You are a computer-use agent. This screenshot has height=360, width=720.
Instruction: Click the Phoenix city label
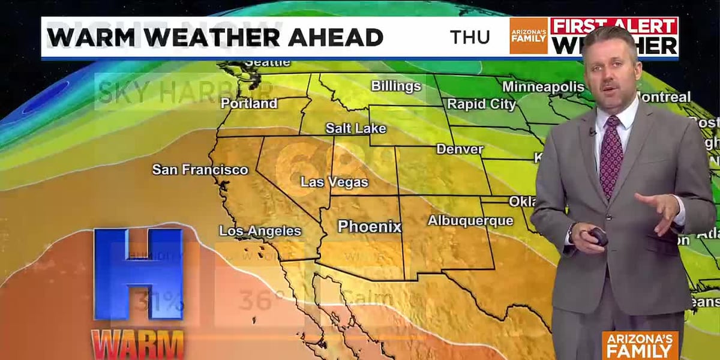tap(369, 227)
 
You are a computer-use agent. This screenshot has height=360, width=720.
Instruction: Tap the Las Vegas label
tap(334, 182)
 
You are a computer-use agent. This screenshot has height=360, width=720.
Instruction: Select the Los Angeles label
tap(260, 231)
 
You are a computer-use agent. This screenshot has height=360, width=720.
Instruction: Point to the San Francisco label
tap(200, 170)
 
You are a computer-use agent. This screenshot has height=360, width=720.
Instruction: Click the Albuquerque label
tap(470, 221)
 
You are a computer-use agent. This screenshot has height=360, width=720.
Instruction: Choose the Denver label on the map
tap(460, 149)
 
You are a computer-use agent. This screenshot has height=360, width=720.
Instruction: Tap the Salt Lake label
tap(356, 128)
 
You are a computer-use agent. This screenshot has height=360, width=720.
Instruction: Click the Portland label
tap(249, 103)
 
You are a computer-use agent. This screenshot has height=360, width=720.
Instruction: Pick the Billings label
tap(396, 86)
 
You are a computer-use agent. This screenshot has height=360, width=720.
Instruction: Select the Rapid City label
tap(481, 104)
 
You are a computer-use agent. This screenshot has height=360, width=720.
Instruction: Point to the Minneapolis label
tap(542, 86)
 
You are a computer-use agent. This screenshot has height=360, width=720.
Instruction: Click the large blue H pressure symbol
tap(138, 274)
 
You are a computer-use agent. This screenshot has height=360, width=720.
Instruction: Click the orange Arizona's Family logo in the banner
tap(528, 36)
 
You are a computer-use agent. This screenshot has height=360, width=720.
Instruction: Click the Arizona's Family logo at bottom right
tap(640, 344)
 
